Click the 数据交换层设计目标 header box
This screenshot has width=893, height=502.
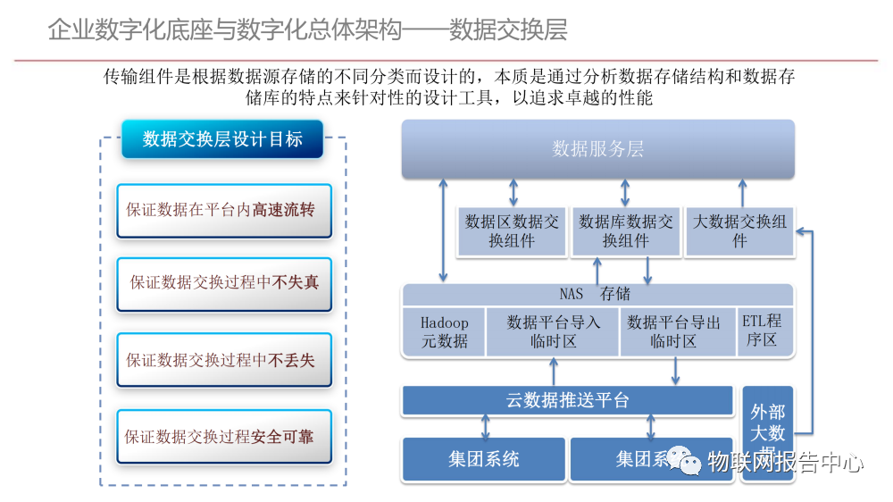[x=222, y=139]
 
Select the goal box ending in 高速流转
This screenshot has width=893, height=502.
[x=224, y=211]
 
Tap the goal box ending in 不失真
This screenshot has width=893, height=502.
[x=224, y=283]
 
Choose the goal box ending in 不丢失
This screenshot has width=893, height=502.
[x=224, y=360]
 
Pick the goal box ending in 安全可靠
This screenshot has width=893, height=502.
[x=224, y=437]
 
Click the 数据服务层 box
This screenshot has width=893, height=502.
[x=597, y=149]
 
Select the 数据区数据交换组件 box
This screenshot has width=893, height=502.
[x=512, y=230]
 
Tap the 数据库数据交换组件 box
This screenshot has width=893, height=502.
[x=625, y=230]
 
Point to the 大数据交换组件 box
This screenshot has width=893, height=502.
[x=739, y=230]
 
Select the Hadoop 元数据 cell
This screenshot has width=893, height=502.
[x=444, y=331]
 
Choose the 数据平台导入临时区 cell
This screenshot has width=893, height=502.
[x=554, y=331]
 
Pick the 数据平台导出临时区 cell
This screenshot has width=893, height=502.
[x=673, y=331]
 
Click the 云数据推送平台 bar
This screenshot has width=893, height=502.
[x=568, y=400]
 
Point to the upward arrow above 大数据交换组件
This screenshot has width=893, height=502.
[x=740, y=192]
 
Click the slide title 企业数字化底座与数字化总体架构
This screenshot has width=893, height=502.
[x=223, y=29]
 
